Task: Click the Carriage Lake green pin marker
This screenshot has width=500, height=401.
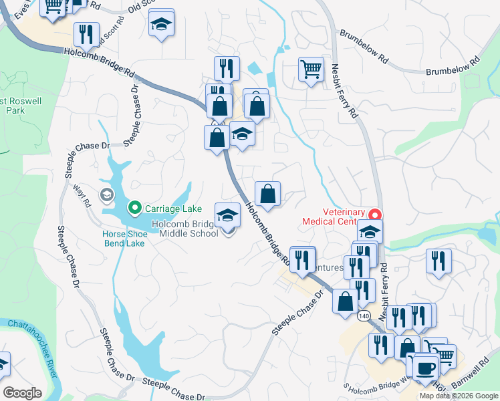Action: click(134, 208)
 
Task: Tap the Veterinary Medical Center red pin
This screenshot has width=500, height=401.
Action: click(375, 215)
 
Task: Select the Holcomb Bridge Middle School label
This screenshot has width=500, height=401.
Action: click(189, 229)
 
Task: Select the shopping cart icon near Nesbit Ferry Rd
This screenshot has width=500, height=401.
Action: click(311, 69)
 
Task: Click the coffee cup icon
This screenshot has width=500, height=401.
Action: click(425, 368)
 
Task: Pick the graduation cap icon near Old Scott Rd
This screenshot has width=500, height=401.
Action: click(160, 24)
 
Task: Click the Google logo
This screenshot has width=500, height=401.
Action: click(22, 393)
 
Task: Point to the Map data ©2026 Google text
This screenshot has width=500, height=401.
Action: click(459, 396)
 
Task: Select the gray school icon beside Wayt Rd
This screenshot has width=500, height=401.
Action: click(106, 195)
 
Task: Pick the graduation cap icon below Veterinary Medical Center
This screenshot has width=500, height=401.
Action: click(370, 232)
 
